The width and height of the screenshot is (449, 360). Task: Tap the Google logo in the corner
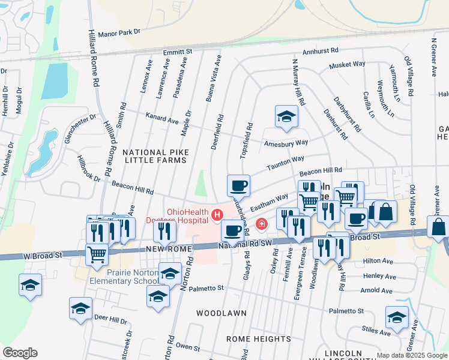(20, 352)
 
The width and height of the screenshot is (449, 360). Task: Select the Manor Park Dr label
(118, 32)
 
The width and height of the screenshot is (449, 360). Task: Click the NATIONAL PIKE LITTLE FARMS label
(155, 157)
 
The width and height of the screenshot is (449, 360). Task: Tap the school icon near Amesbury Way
(286, 116)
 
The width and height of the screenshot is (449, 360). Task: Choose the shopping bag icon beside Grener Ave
(438, 227)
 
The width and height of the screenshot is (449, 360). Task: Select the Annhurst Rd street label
(321, 53)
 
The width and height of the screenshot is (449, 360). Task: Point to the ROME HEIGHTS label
(259, 339)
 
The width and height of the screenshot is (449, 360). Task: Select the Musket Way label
(347, 64)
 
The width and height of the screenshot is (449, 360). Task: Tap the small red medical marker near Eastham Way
(261, 224)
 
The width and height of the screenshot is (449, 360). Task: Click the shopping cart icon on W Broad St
(97, 254)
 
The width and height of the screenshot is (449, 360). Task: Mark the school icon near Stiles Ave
(397, 317)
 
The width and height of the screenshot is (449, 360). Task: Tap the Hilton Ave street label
(379, 261)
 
